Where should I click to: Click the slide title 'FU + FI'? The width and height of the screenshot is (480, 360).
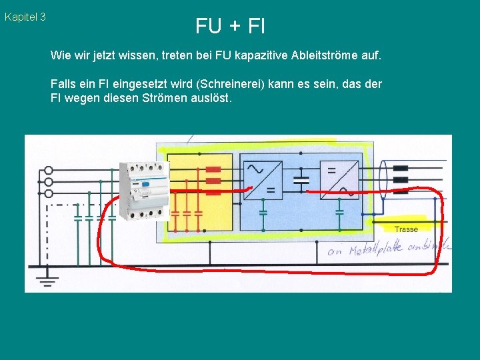[230, 26]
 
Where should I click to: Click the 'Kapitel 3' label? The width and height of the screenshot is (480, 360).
[25, 17]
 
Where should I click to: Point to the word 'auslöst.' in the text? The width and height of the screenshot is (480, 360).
[210, 98]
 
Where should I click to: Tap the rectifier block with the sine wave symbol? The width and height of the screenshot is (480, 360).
[263, 179]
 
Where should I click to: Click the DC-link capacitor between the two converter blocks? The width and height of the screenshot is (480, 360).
[301, 179]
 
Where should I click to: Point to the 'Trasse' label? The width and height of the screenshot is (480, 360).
[406, 229]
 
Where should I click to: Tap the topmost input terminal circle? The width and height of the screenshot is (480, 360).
[48, 170]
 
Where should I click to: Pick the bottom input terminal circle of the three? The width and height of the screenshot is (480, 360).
[48, 194]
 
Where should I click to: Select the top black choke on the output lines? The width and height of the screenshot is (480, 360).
[400, 169]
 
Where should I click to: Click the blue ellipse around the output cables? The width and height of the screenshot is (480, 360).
[384, 180]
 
